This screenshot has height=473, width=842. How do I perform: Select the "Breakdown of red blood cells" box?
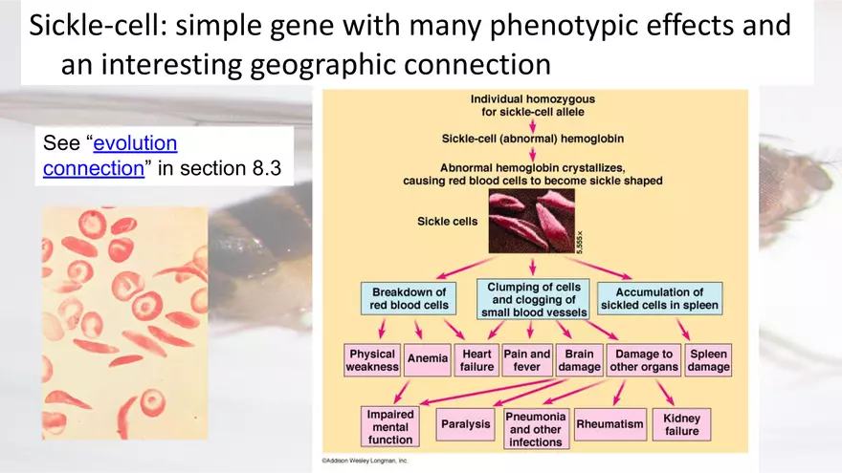(x=409, y=298)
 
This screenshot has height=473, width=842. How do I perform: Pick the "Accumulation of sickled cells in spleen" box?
(x=659, y=298)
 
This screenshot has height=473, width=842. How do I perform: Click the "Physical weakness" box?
(x=371, y=360)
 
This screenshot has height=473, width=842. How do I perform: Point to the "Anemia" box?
(x=427, y=359)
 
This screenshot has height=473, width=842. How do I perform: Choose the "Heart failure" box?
(x=476, y=360)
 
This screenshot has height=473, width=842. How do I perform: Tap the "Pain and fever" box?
(x=527, y=360)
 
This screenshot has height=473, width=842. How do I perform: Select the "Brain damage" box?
(x=579, y=360)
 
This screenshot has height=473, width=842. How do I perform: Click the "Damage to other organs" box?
(x=644, y=360)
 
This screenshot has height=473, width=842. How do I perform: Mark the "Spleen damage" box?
(x=709, y=360)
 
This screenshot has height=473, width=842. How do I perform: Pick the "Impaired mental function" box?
(x=390, y=427)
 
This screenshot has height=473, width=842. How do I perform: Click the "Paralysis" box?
(x=465, y=423)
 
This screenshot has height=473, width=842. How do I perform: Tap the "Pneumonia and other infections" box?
(x=536, y=429)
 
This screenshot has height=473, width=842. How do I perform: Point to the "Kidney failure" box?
(x=681, y=424)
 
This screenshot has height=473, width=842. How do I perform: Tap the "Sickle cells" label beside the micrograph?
(x=447, y=221)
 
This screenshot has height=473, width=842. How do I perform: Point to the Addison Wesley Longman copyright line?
(x=365, y=461)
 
